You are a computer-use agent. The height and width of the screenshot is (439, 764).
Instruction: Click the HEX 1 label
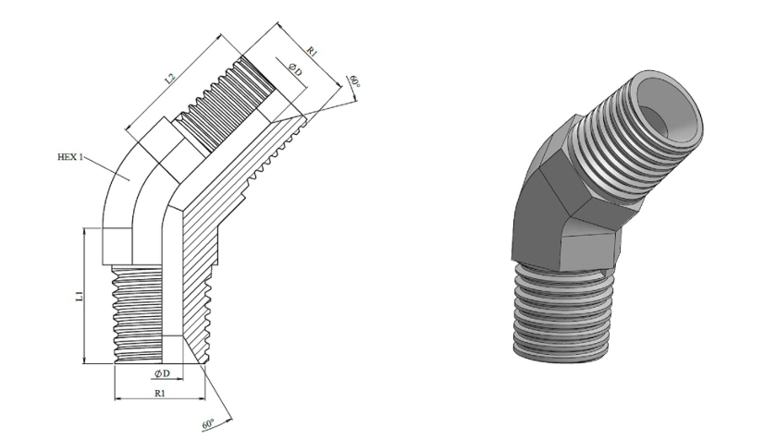[x=70, y=157]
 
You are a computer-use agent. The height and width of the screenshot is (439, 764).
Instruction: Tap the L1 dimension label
[x=79, y=296]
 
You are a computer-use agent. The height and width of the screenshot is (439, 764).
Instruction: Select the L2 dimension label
[x=169, y=78]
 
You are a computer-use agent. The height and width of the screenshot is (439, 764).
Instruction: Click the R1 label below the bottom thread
[x=160, y=393]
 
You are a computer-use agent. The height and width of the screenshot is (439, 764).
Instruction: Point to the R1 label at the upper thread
[x=312, y=52]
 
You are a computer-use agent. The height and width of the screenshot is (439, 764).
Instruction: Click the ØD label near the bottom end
[x=162, y=373]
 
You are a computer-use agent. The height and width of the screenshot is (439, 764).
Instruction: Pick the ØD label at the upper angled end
[x=295, y=69]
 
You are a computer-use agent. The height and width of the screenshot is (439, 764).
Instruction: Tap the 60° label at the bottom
[x=208, y=424]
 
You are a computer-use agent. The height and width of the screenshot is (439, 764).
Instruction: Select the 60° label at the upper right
[x=354, y=81]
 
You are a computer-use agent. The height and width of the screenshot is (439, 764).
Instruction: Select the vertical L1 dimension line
[x=85, y=296]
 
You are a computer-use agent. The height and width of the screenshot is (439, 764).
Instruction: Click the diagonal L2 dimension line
[x=174, y=81]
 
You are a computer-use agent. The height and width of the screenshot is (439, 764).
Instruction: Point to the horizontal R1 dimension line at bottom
[x=160, y=399]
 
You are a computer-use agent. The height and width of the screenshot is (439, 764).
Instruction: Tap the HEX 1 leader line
[x=108, y=168]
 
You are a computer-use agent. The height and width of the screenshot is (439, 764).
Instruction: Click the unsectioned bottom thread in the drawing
[x=138, y=314]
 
